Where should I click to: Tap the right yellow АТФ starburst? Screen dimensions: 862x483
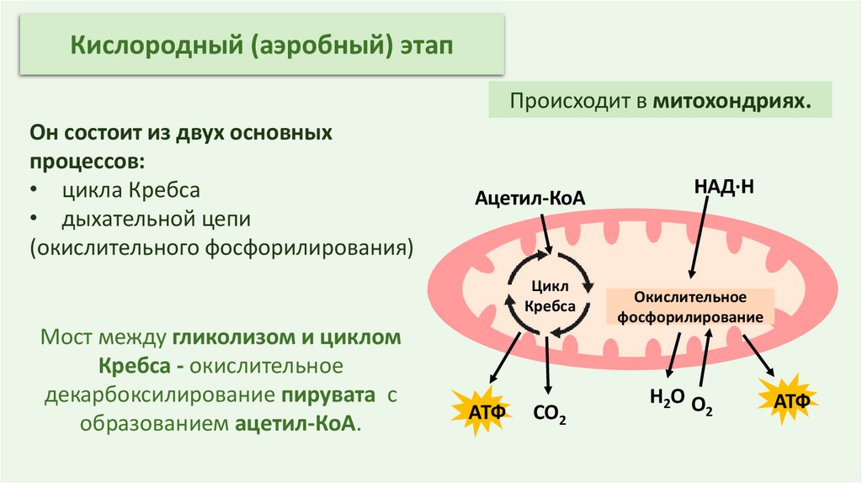(790, 399)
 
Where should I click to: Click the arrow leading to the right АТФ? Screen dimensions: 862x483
(755, 353)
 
